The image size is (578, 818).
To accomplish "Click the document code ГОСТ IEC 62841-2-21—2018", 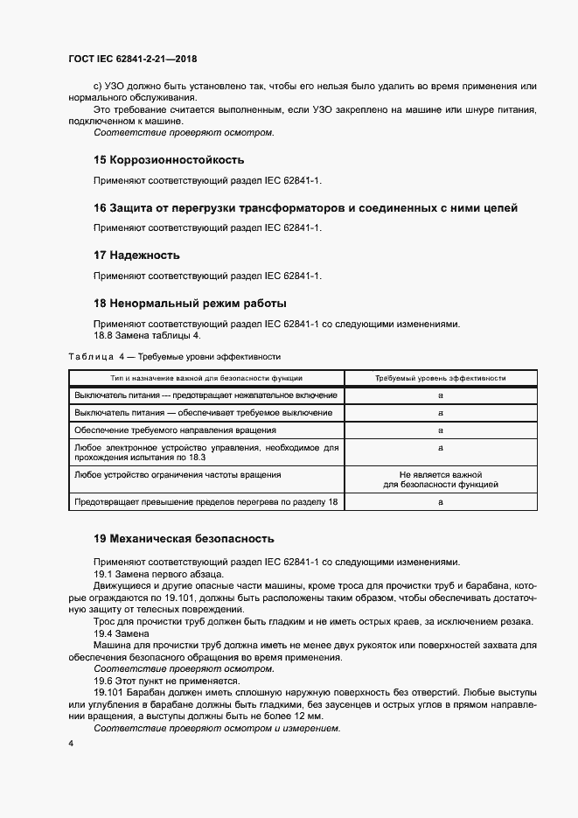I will click(x=132, y=59).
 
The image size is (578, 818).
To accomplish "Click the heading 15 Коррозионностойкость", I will click(x=168, y=160).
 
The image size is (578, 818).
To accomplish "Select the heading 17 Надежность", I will click(x=136, y=255).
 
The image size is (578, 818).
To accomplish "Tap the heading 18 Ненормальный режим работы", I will click(x=190, y=304).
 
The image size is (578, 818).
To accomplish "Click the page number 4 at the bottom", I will click(x=70, y=744).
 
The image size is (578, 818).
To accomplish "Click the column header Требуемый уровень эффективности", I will click(x=441, y=378).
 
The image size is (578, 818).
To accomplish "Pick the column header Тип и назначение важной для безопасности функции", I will click(x=206, y=378).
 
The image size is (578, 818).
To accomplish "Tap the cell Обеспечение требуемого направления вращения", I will click(x=176, y=430).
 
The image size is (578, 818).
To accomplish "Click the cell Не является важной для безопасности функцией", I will click(x=441, y=478).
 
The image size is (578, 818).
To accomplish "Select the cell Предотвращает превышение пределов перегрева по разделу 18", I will click(x=205, y=502).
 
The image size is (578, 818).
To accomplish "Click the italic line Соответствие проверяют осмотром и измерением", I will click(x=216, y=728).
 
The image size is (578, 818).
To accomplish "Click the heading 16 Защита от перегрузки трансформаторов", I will click(x=305, y=208).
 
